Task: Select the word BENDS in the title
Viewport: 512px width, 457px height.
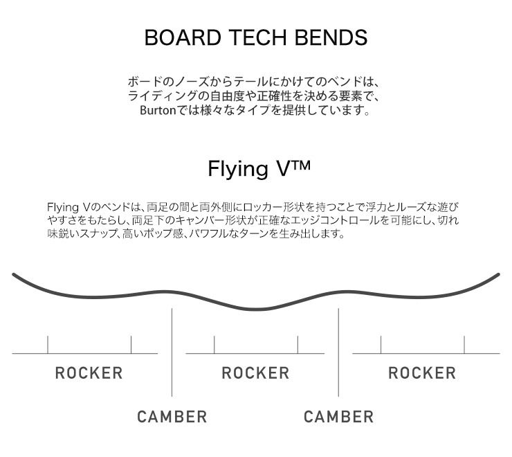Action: coord(336,37)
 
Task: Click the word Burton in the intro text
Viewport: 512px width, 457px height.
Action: coord(158,110)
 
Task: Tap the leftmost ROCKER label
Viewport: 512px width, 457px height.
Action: coord(89,373)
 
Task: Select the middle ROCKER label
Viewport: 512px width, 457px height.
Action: coord(255,373)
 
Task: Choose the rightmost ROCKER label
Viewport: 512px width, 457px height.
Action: coord(422,373)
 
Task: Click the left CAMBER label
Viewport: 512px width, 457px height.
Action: coord(172,417)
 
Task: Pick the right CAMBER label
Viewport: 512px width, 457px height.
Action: coord(338,417)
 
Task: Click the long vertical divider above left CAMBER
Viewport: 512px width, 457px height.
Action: coord(172,353)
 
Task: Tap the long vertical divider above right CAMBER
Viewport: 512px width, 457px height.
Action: coord(338,353)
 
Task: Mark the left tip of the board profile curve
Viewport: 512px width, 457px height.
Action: coord(14,276)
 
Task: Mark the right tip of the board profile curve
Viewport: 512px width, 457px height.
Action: coord(497,276)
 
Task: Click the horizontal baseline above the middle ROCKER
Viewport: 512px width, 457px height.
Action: coord(255,354)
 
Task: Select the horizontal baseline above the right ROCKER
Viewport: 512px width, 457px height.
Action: coord(426,354)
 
